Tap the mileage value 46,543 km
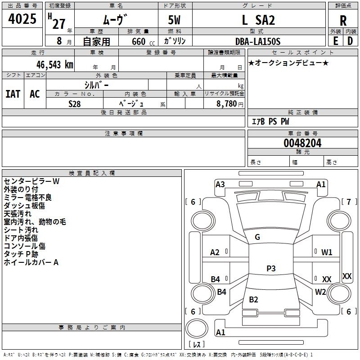[x=50, y=64]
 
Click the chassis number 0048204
[x=302, y=143]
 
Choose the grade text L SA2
[x=258, y=20]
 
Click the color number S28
[x=75, y=103]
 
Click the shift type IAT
[x=13, y=94]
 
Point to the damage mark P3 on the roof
[x=271, y=269]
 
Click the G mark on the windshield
[x=257, y=237]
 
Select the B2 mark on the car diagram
[x=253, y=300]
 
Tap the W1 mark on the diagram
[x=327, y=252]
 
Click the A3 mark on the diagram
[x=220, y=184]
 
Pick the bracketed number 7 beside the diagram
[x=349, y=202]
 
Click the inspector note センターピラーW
[x=31, y=181]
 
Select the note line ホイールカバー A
[x=31, y=262]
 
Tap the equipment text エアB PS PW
[x=270, y=121]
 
